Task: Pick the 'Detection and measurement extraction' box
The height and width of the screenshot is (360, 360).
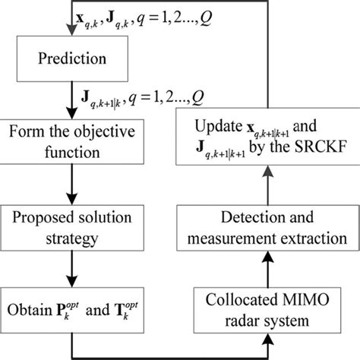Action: click(x=267, y=228)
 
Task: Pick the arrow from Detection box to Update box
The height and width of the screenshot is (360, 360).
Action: click(x=267, y=187)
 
